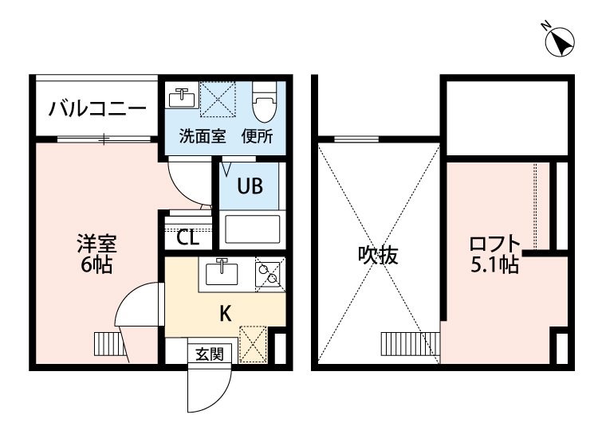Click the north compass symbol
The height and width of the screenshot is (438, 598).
click(x=560, y=41)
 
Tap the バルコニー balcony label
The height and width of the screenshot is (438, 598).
click(x=97, y=108)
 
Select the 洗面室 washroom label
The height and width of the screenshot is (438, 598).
click(x=203, y=136)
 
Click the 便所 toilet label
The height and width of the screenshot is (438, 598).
click(x=258, y=136)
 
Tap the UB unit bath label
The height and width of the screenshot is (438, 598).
click(x=250, y=186)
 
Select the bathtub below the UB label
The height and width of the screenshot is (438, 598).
click(x=252, y=229)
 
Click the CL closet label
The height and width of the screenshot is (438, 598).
click(x=187, y=238)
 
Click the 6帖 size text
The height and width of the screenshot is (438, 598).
click(x=96, y=264)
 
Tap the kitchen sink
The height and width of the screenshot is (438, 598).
click(x=221, y=272)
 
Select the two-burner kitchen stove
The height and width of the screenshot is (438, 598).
click(x=269, y=273)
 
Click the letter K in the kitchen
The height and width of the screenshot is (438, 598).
click(x=226, y=315)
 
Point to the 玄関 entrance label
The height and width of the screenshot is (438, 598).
click(x=210, y=354)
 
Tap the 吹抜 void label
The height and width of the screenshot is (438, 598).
click(x=378, y=255)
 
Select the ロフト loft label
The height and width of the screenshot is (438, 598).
click(x=494, y=244)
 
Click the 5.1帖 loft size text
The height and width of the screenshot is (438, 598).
click(x=494, y=264)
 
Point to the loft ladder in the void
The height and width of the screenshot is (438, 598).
click(x=411, y=344)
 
